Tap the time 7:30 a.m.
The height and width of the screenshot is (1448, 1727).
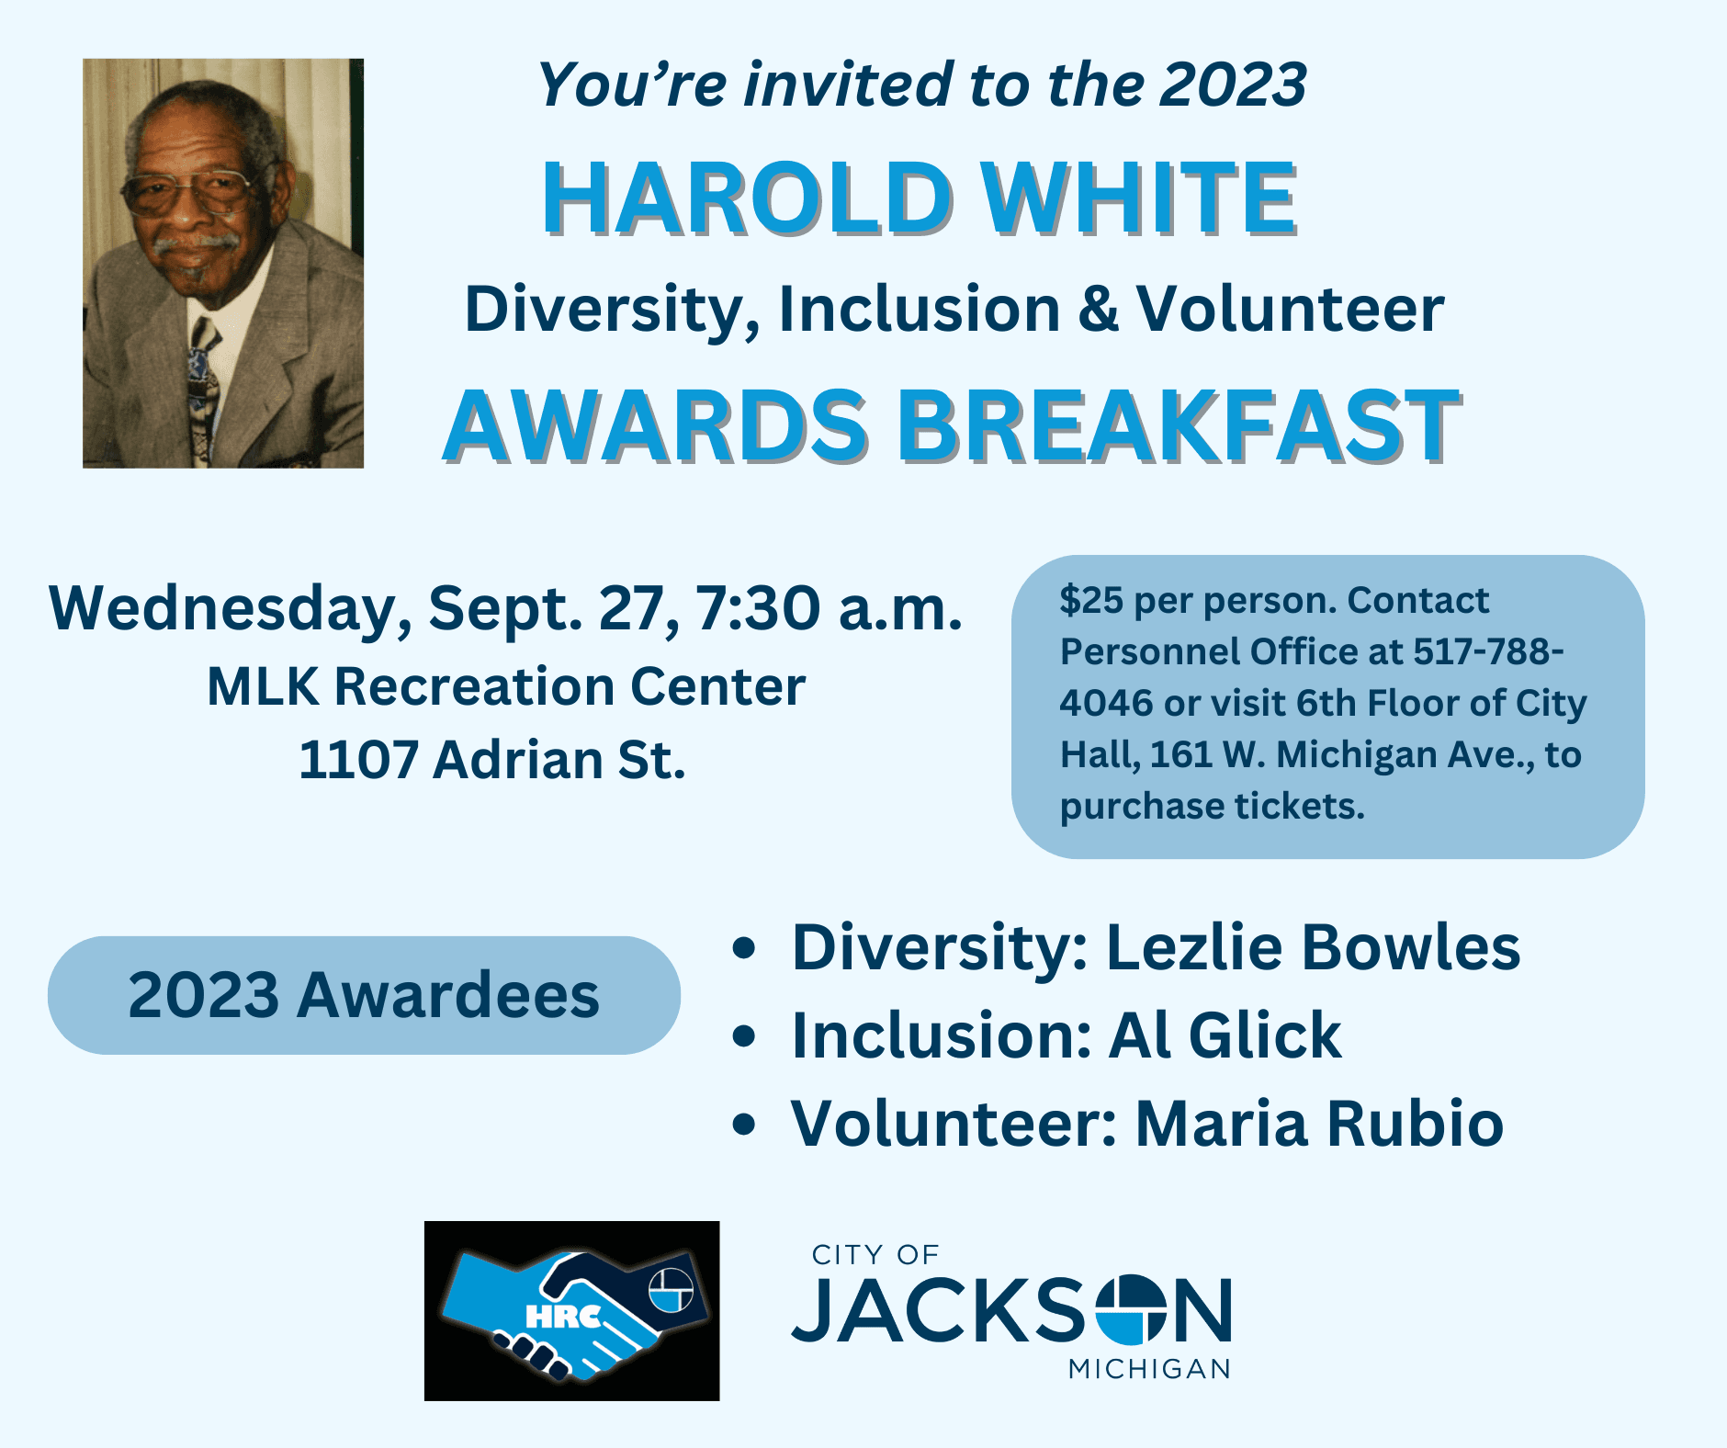click(828, 608)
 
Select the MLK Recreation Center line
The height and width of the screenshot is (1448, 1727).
click(505, 686)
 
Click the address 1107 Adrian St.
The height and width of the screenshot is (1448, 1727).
click(492, 760)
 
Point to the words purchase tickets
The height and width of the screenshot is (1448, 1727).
click(1212, 806)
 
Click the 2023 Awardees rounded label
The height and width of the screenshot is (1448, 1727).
click(364, 995)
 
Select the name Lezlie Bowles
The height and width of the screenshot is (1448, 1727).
click(1314, 946)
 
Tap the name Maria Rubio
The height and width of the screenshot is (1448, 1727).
click(1319, 1123)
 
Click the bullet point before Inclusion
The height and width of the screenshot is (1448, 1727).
click(744, 1036)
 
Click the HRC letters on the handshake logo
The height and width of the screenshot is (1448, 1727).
click(562, 1317)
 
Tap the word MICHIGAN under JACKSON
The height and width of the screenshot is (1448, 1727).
click(1148, 1369)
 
